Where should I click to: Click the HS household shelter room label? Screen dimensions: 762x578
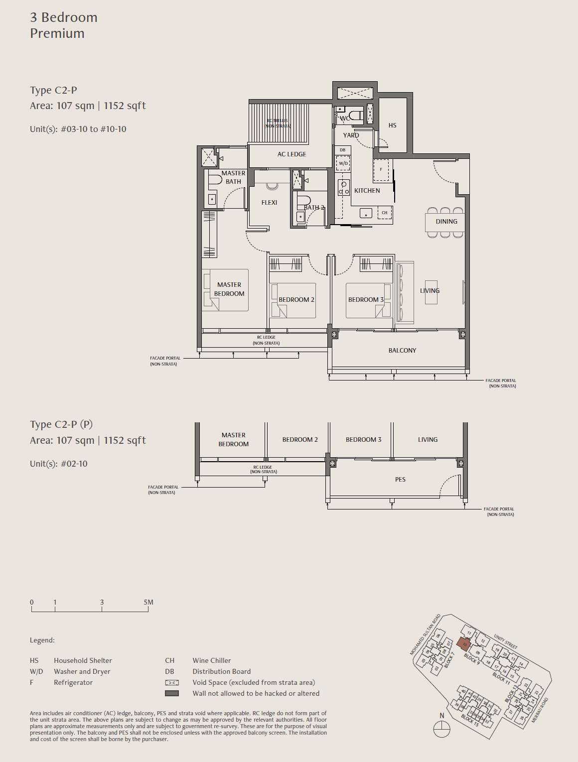392,126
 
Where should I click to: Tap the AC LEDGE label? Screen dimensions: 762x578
291,154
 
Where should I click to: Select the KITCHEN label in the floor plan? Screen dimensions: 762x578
367,191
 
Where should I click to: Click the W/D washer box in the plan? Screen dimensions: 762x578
343,163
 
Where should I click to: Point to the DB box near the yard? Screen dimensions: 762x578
342,150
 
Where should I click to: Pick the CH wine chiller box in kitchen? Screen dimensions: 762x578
384,213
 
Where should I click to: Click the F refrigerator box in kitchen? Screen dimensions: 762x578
381,170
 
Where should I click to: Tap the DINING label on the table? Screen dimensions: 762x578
446,222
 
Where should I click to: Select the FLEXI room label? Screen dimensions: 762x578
269,203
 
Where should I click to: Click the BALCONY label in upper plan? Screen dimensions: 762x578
402,351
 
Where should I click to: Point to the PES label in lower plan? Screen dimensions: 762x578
400,480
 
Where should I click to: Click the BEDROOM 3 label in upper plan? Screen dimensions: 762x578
366,300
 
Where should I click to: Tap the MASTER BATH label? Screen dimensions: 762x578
233,177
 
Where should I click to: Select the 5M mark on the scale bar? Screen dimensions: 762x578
148,603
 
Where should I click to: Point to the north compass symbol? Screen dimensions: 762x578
441,731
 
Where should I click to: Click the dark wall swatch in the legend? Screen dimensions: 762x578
171,693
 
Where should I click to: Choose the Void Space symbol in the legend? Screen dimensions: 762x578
171,683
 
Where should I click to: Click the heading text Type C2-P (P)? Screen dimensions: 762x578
61,424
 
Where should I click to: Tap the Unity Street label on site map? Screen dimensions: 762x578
505,641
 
